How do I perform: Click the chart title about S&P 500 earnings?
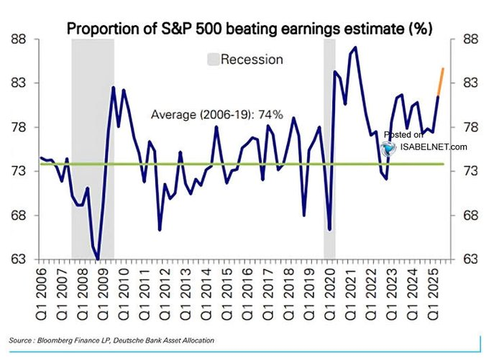[249, 29]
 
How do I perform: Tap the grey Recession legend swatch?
[212, 59]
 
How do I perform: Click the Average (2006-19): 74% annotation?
[217, 114]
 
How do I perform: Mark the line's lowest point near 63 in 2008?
[97, 259]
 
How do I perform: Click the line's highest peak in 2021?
[355, 47]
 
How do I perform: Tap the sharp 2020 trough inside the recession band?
[329, 229]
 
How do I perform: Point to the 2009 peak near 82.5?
[114, 88]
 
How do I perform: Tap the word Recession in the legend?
[252, 59]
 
